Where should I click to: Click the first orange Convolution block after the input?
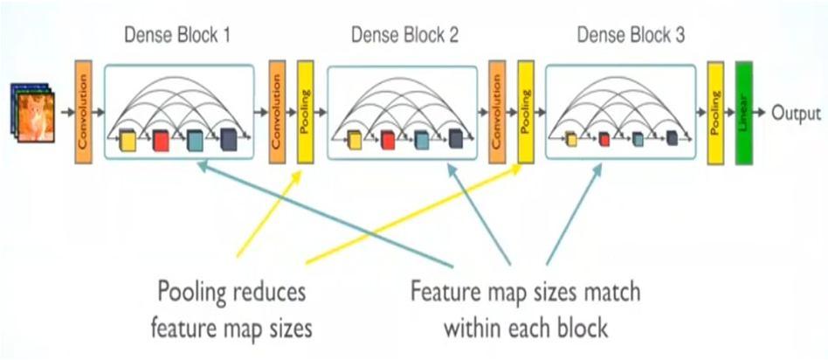coord(83,113)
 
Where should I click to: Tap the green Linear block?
coord(745,113)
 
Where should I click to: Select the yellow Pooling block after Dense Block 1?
coord(306,113)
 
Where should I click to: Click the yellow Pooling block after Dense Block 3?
coord(715,113)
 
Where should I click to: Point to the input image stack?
coord(34,111)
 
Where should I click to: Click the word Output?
coord(796,113)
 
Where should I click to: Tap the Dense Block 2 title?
coord(404,36)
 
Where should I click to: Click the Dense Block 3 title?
coord(631,36)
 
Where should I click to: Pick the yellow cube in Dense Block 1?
coord(129,140)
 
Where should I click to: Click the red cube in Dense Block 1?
coord(162,140)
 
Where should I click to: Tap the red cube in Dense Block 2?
coord(388,140)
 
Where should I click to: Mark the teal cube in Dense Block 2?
coord(422,140)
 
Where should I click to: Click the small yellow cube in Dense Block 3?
coord(571,138)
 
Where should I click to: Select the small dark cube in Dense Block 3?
coord(672,138)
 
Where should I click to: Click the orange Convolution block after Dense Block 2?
coord(498,113)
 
